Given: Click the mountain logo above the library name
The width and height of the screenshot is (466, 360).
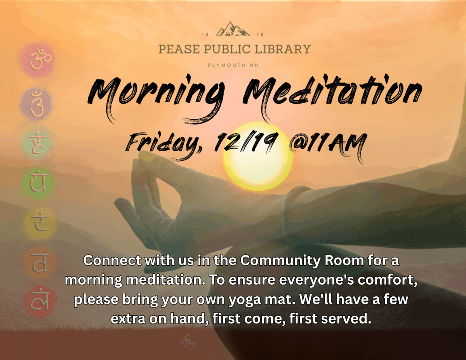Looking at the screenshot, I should coord(233,29).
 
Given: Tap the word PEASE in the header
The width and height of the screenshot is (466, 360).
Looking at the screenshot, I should coord(177,49).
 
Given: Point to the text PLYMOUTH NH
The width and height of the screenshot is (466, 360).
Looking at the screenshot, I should coord(233,65).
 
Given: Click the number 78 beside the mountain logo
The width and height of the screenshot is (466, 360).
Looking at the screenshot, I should coord(260,35).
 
